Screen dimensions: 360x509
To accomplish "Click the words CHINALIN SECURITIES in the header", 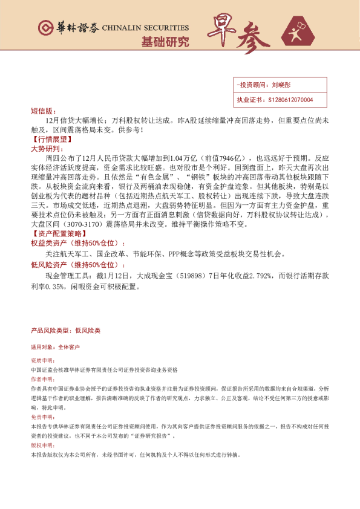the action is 145,28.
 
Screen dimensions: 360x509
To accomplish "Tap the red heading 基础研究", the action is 165,42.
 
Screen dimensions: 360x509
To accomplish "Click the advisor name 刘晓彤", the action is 281,86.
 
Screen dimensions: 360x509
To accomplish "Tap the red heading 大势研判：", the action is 46,148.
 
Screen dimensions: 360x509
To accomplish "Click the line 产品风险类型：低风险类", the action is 65,331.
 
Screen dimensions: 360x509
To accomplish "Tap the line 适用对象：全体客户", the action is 55,348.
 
